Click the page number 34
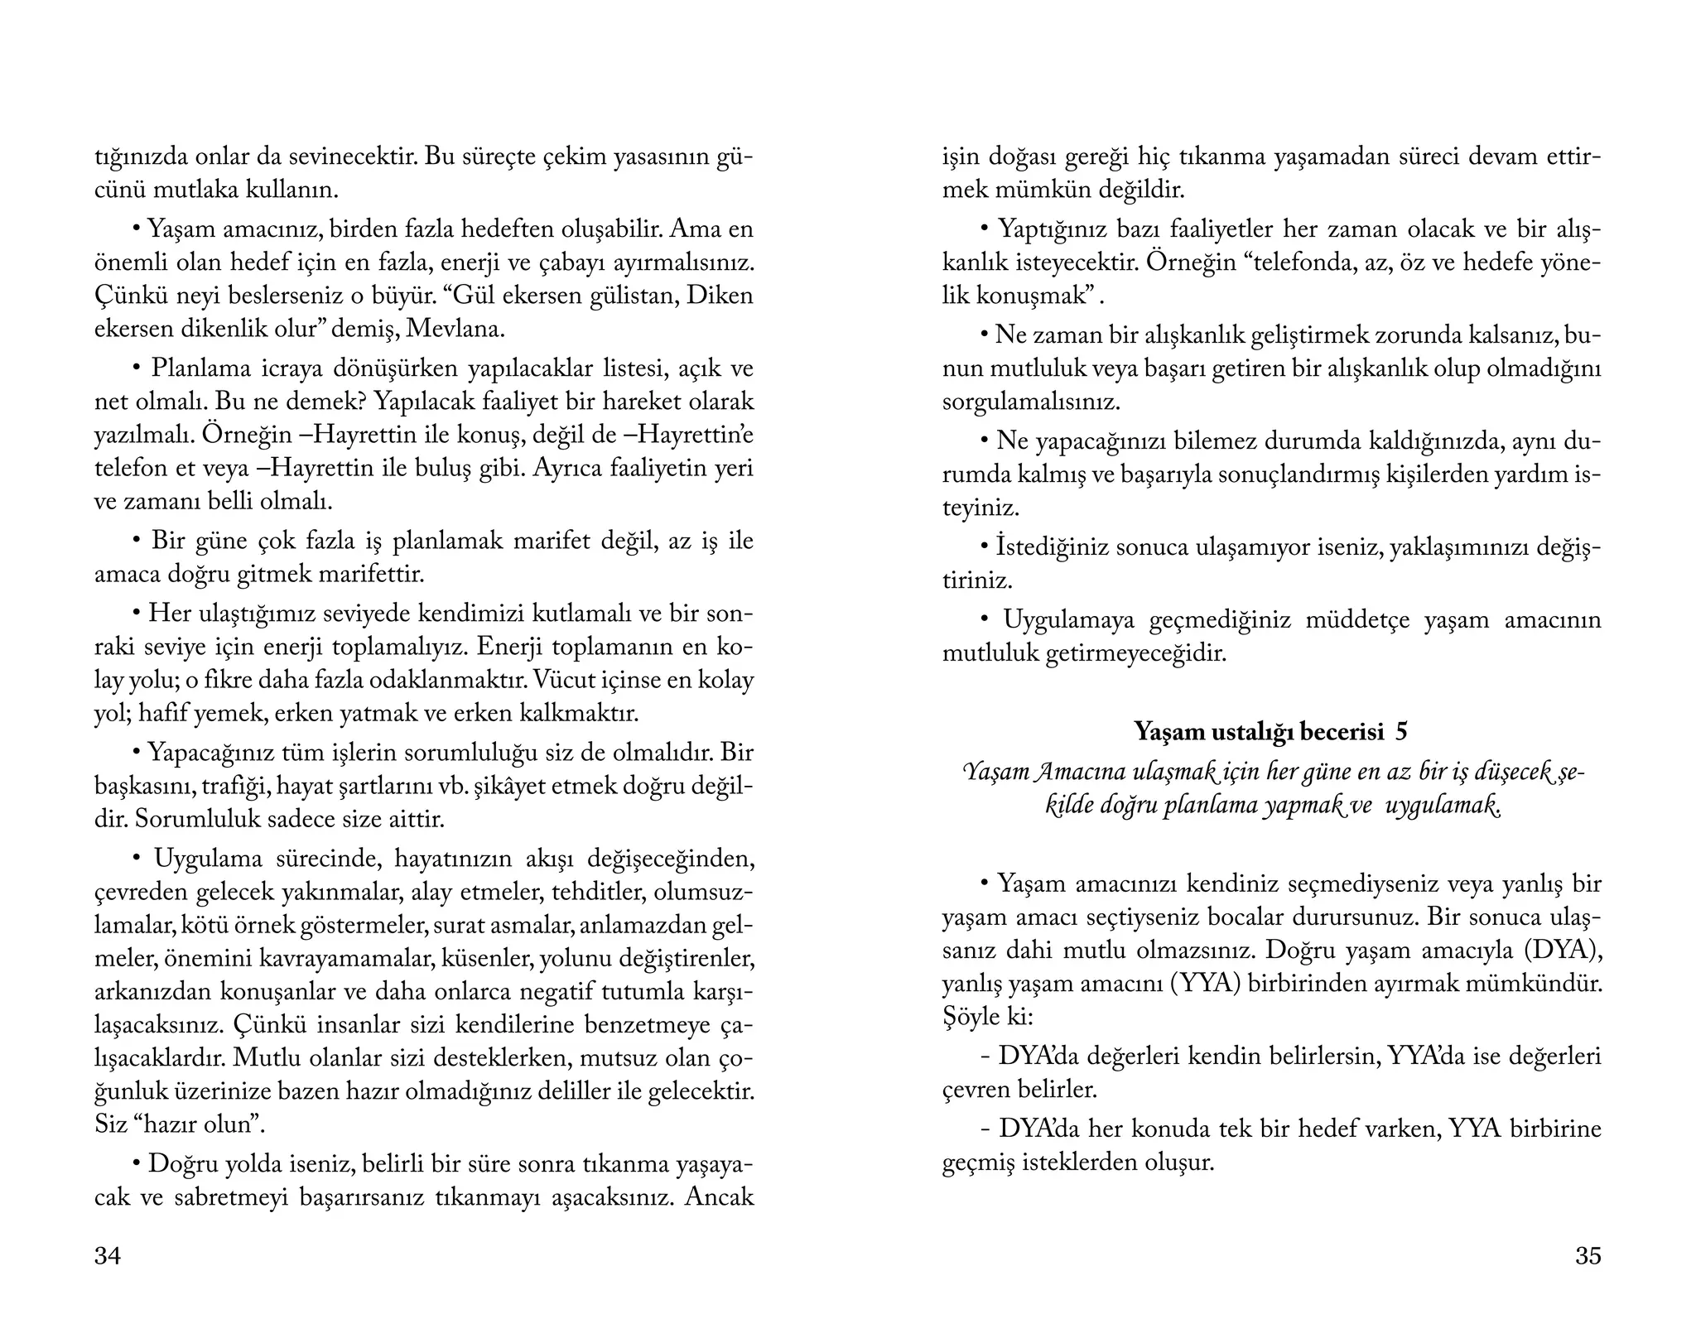tap(108, 1256)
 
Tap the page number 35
tap(1588, 1256)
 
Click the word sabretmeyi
tap(238, 1197)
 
